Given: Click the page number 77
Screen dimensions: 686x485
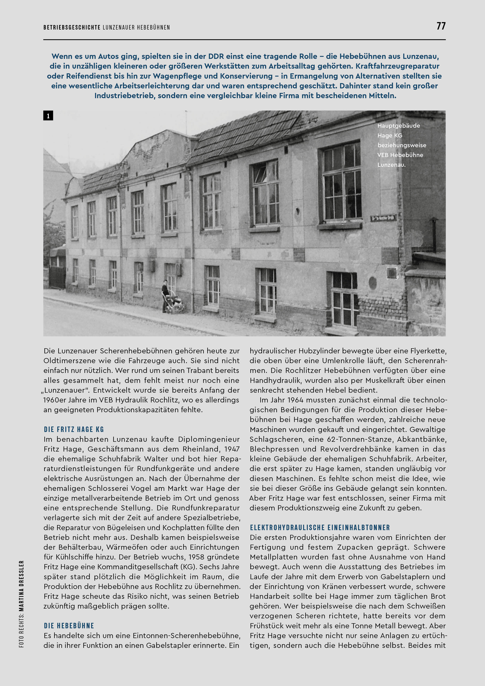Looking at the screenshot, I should point(441,26).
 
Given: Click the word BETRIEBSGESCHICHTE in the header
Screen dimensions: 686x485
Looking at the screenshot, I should point(72,28).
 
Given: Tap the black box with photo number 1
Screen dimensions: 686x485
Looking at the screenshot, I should point(48,116).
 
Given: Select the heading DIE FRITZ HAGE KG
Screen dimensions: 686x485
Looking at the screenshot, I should point(74,429).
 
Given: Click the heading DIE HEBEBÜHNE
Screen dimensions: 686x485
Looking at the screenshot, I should point(69,626).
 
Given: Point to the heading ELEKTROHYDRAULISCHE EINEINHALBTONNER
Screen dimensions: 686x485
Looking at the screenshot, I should point(320,527).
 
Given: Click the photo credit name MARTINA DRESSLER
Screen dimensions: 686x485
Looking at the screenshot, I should point(22,586).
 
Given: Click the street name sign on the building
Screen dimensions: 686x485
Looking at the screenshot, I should point(383,218).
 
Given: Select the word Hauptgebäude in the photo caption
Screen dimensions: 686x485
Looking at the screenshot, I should point(398,126).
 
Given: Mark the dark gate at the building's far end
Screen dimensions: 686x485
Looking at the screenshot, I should point(57,276).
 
